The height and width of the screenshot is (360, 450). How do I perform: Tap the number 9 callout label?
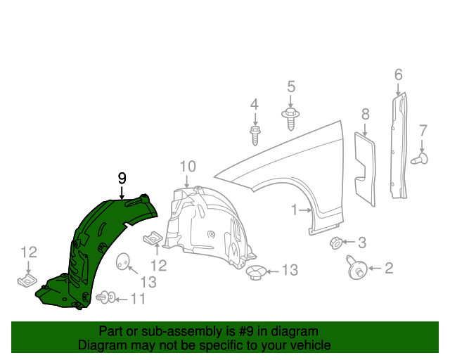click(x=122, y=178)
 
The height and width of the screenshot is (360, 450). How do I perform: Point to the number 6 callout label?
click(x=398, y=74)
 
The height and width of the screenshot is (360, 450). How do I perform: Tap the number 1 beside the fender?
click(x=295, y=210)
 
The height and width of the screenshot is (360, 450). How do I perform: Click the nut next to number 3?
click(x=337, y=243)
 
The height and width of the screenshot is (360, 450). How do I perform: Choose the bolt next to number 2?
click(x=356, y=268)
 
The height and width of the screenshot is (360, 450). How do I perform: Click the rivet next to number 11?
click(x=106, y=299)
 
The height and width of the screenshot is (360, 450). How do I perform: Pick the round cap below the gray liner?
click(x=257, y=271)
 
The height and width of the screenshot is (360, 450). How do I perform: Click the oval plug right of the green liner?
click(x=124, y=262)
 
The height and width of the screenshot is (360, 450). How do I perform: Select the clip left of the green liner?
click(x=27, y=281)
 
